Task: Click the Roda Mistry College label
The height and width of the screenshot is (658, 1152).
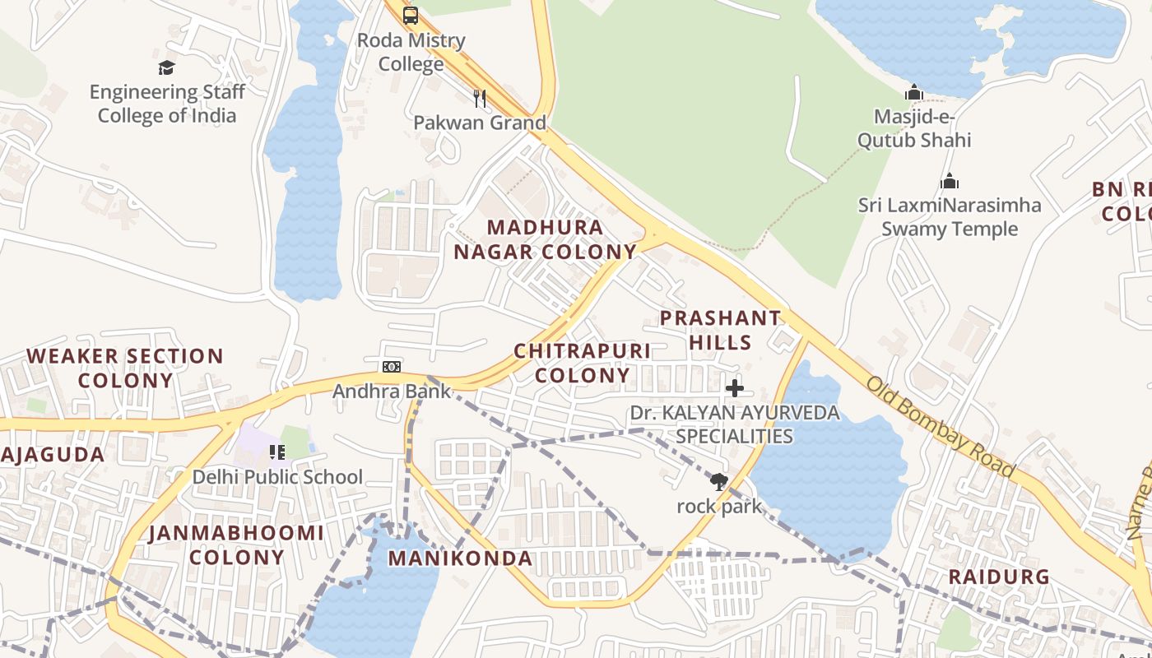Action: click(411, 52)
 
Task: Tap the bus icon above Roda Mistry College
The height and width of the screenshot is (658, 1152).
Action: click(410, 16)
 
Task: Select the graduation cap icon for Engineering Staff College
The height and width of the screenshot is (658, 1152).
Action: click(167, 67)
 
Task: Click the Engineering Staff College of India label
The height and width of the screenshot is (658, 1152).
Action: click(167, 104)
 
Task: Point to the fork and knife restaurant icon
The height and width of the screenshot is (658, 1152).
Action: click(480, 99)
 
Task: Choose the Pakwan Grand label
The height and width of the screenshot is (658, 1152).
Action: click(479, 123)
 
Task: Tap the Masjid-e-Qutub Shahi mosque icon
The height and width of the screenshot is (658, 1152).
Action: click(913, 92)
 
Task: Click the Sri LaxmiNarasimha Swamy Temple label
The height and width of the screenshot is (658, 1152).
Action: click(949, 217)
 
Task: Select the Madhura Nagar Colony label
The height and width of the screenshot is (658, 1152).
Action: click(545, 239)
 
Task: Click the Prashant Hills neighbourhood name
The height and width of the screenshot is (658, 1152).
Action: click(720, 330)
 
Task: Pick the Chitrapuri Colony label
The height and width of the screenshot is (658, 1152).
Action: click(582, 363)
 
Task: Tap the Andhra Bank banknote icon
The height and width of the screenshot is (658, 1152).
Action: click(392, 367)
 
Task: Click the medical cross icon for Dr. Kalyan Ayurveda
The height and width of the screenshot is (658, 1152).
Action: click(735, 388)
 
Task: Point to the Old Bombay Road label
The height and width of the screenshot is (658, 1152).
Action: click(940, 428)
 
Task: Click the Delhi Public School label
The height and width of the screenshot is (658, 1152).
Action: click(277, 477)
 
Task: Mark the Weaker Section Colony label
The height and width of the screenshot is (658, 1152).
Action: click(125, 368)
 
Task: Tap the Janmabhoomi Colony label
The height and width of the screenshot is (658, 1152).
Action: click(236, 544)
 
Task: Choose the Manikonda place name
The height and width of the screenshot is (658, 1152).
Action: click(460, 558)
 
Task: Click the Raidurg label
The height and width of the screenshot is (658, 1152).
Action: click(999, 577)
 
